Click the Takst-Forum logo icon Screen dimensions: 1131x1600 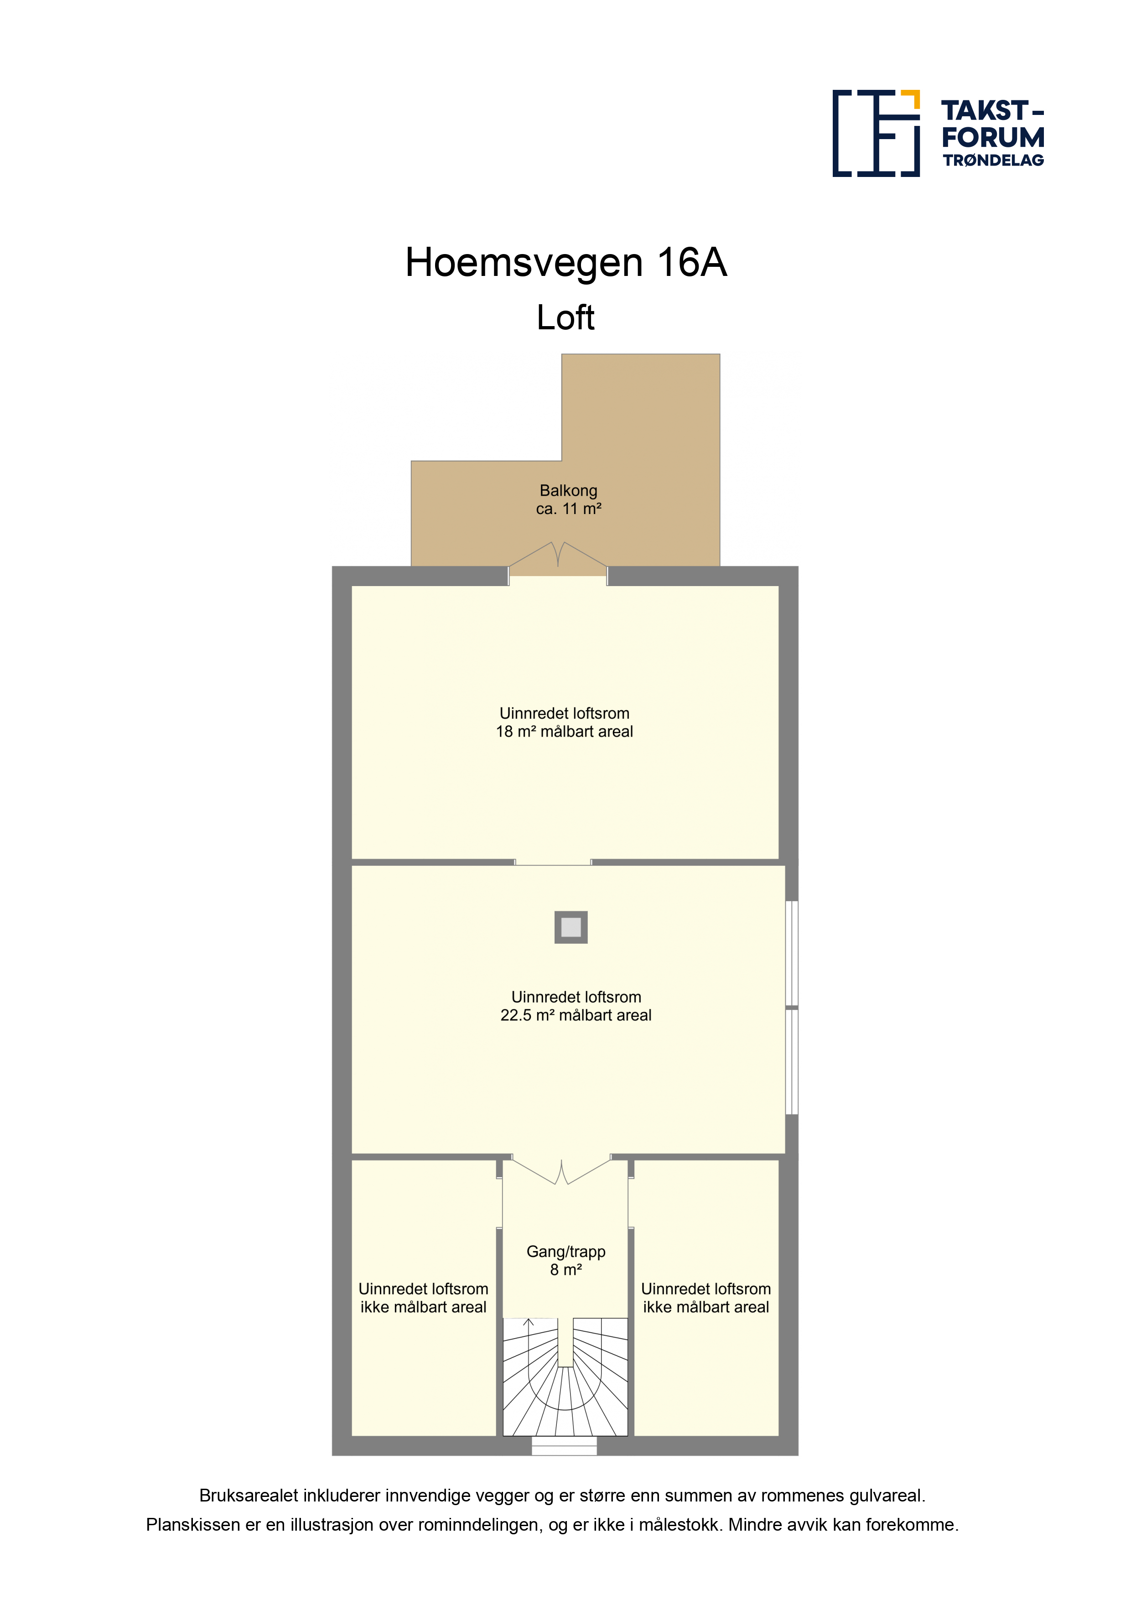(x=876, y=133)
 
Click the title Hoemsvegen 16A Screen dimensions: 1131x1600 (x=566, y=263)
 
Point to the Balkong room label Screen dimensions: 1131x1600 (x=569, y=491)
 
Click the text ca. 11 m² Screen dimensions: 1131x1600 (x=569, y=509)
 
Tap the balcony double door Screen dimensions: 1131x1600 (x=557, y=556)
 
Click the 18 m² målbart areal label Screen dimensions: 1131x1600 (x=565, y=732)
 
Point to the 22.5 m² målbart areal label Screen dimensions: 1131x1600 (x=576, y=1015)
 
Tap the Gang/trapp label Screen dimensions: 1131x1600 (x=566, y=1252)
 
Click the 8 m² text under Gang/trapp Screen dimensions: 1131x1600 (x=566, y=1270)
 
